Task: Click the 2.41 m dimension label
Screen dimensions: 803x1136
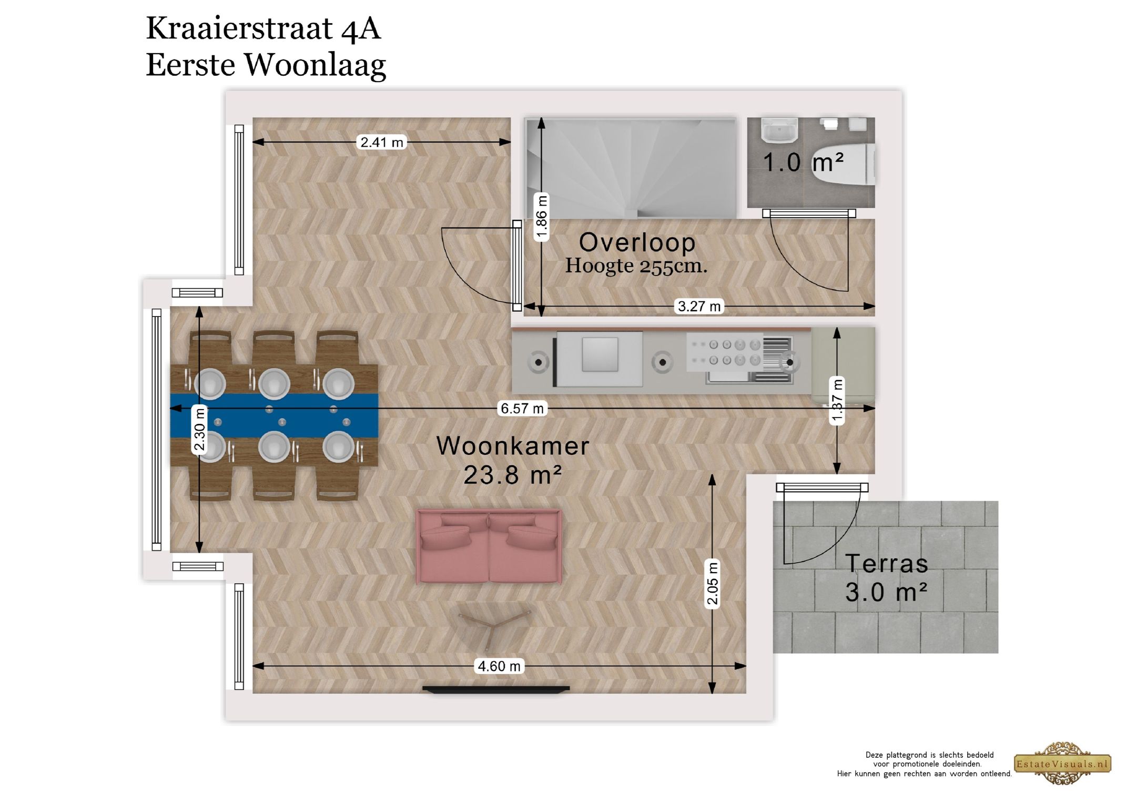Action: pyautogui.click(x=382, y=142)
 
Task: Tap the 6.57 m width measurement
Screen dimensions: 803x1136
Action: pyautogui.click(x=522, y=409)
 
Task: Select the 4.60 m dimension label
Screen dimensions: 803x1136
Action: pyautogui.click(x=499, y=666)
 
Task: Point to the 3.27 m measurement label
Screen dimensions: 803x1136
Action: pyautogui.click(x=699, y=306)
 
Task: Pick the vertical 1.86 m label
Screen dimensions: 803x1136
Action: pyautogui.click(x=542, y=217)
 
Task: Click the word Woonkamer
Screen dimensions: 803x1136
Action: pyautogui.click(x=513, y=446)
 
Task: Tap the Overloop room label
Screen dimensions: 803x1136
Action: pyautogui.click(x=637, y=242)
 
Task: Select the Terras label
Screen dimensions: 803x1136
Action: pyautogui.click(x=886, y=564)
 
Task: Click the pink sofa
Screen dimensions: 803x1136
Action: pyautogui.click(x=489, y=547)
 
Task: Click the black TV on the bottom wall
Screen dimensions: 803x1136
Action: pyautogui.click(x=496, y=689)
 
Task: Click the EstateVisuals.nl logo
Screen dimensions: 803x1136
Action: pyautogui.click(x=1062, y=764)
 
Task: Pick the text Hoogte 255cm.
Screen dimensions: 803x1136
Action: pyautogui.click(x=636, y=266)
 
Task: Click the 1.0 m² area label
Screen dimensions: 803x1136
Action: pyautogui.click(x=803, y=162)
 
